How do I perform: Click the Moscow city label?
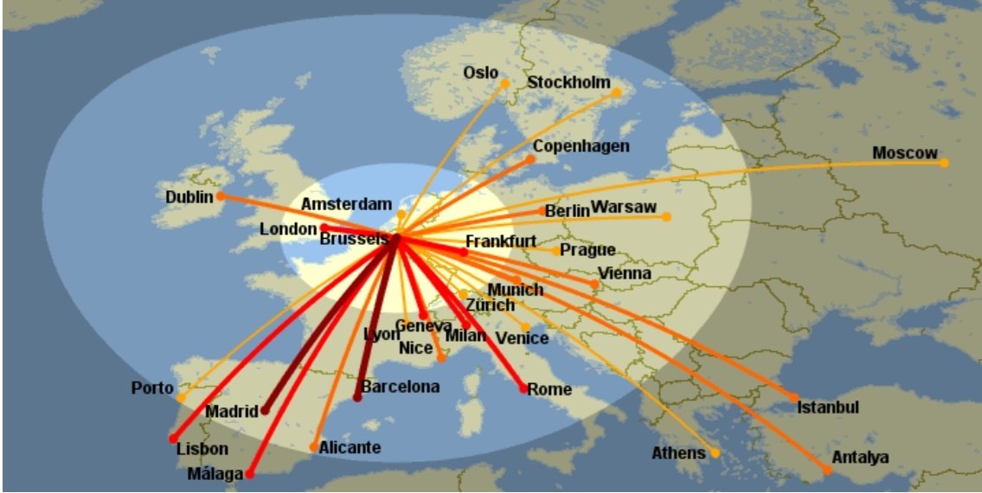[904, 153]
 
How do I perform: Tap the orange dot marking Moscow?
[944, 163]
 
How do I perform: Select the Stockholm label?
[568, 82]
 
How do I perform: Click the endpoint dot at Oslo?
[505, 83]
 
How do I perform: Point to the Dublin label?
[189, 197]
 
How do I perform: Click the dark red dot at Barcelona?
[357, 397]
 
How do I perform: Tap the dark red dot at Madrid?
[266, 410]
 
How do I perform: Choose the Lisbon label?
[202, 449]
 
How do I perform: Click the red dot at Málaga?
[249, 474]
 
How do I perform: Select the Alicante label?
[350, 447]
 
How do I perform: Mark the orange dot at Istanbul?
[794, 398]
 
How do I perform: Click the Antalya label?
[860, 458]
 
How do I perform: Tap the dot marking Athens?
[715, 452]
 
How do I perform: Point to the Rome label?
[549, 389]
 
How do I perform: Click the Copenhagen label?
[581, 146]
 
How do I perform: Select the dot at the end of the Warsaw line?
[666, 216]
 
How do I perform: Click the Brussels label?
[354, 239]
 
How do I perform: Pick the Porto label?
[152, 387]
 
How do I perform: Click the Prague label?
[587, 250]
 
